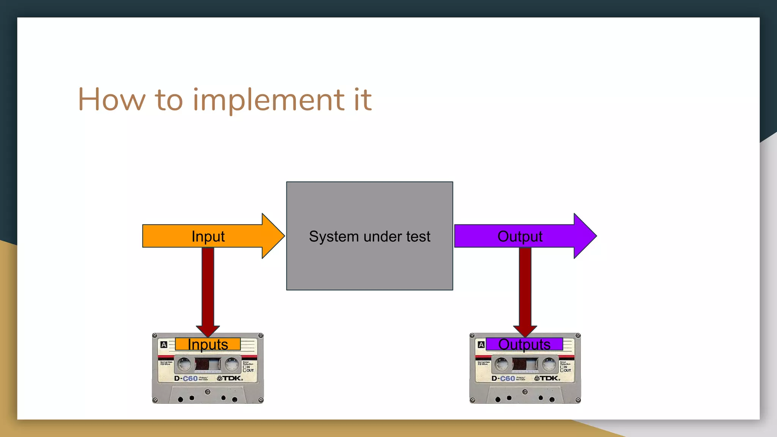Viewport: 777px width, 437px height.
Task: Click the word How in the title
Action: coord(112,99)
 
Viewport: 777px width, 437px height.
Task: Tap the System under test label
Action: coord(370,236)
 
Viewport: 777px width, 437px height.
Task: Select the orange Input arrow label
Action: coord(208,236)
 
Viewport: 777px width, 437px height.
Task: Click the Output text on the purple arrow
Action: coord(520,236)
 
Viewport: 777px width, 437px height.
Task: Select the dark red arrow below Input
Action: coord(208,288)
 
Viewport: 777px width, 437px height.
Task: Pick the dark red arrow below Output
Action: coord(525,288)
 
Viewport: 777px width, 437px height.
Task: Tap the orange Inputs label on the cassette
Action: coord(208,344)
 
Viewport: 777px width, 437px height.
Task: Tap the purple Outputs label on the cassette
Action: coord(524,344)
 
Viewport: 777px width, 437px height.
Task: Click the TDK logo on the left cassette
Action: coord(230,378)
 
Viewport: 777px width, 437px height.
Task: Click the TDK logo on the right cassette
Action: coord(547,378)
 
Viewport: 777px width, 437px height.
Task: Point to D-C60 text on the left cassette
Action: coord(186,379)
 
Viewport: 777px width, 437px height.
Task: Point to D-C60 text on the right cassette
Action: coord(503,379)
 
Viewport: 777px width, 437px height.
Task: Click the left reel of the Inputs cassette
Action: coord(185,364)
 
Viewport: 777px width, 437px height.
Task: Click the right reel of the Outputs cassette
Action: coord(549,364)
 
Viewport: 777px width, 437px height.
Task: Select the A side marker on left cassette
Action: coord(164,345)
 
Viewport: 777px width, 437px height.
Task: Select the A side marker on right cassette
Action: coord(481,345)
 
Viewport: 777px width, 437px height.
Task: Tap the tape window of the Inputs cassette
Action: coord(208,364)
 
